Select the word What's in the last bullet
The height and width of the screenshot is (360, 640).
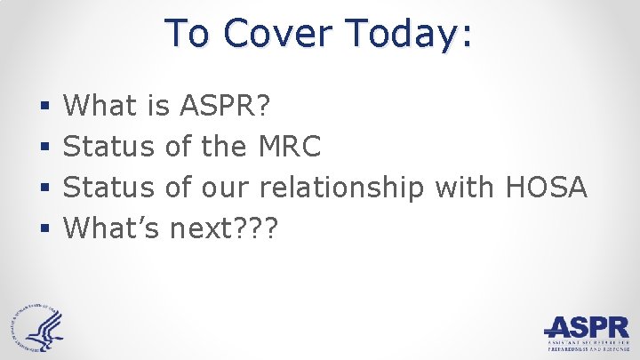(113, 228)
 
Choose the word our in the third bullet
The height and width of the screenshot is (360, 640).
(226, 188)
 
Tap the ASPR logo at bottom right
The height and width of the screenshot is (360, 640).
(587, 333)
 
